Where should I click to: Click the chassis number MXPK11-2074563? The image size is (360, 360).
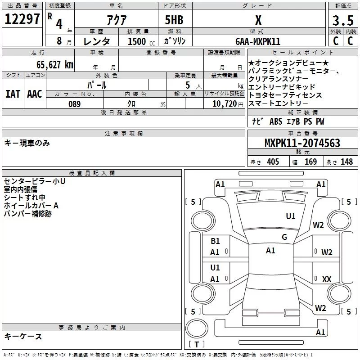[x=302, y=144]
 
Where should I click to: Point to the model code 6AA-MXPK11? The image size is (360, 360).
[x=258, y=41]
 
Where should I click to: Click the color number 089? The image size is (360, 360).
[x=74, y=104]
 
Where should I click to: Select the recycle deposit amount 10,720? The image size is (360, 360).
[x=224, y=104]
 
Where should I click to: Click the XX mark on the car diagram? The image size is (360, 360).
[x=327, y=279]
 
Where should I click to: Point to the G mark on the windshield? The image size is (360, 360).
[x=284, y=237]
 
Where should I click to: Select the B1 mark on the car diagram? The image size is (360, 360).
[x=215, y=241]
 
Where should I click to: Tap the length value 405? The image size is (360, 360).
[x=273, y=162]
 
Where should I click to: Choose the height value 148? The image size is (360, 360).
[x=346, y=162]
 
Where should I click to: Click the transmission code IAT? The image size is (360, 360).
[x=13, y=94]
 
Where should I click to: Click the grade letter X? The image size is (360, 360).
[x=258, y=20]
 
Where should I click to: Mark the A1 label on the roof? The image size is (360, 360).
[x=270, y=251]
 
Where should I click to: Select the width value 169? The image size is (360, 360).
[x=310, y=162]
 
